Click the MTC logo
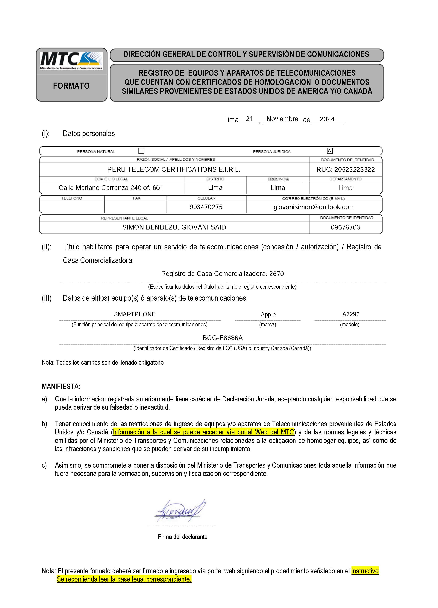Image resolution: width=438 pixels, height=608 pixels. click(x=71, y=61)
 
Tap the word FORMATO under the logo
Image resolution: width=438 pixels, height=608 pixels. click(x=71, y=86)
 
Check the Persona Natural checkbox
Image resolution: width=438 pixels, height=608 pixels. click(x=141, y=151)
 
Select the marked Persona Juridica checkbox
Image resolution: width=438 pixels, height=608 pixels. click(x=330, y=151)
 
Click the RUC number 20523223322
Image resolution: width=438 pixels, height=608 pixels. click(x=345, y=169)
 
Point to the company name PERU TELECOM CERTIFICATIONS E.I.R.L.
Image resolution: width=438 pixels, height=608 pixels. click(x=174, y=169)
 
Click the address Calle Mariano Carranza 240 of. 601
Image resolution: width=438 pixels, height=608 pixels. click(x=111, y=188)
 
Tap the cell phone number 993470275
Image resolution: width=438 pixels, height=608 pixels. click(x=206, y=207)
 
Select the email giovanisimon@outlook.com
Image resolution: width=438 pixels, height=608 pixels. click(x=314, y=207)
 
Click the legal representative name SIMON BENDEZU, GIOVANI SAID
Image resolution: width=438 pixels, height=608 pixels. click(x=174, y=227)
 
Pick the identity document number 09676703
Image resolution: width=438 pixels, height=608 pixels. click(x=345, y=227)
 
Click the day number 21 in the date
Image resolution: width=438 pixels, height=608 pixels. click(x=249, y=119)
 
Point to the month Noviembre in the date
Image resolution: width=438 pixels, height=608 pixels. click(x=282, y=119)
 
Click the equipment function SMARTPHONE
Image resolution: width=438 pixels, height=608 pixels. click(x=135, y=314)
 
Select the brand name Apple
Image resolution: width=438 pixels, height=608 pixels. click(x=268, y=315)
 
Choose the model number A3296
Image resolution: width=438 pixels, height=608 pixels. click(x=351, y=314)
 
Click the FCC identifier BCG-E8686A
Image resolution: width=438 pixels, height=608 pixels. click(x=223, y=338)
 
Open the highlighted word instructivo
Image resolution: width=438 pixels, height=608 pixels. click(x=365, y=571)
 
